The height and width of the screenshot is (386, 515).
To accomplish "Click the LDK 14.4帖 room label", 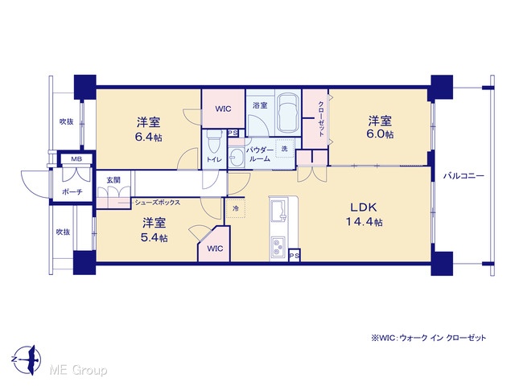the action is (364, 215).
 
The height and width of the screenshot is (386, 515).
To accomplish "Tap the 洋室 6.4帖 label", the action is (148, 129).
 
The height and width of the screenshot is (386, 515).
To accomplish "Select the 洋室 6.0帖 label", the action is (380, 127).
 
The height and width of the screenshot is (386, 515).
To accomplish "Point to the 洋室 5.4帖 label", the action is (154, 230).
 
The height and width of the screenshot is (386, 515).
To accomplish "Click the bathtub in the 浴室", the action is (288, 113).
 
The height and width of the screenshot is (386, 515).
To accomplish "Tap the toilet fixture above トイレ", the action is (213, 142).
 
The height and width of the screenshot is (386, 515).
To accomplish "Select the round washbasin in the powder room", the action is (236, 158).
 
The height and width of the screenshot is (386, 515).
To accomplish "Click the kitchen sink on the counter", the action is (278, 211).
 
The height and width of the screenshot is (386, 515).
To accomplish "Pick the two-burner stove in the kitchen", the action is (278, 247).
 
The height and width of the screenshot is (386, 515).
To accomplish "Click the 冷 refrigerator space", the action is (236, 208).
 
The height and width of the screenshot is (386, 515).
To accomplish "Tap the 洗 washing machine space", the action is (284, 148).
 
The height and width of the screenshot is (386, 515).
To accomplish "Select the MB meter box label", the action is (76, 159).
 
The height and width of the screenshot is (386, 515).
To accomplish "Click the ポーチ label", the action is (72, 192).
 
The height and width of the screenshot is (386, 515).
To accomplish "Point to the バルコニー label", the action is (463, 176).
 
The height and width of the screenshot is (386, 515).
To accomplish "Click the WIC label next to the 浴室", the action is (223, 109).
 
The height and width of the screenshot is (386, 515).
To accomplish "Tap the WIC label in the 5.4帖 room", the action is (215, 248).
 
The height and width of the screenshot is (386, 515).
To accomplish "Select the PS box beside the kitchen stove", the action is (295, 256).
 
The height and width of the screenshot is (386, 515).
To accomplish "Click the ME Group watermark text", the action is (78, 371).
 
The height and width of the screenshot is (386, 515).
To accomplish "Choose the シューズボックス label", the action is (158, 203).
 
